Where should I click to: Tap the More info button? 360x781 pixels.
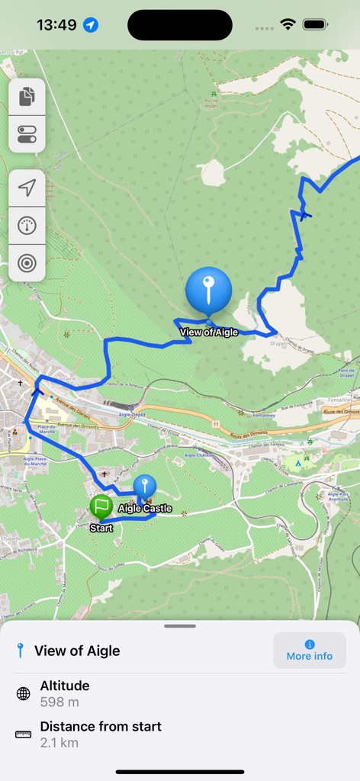309,651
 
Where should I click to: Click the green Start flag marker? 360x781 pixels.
101,506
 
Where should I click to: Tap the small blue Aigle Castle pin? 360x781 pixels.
144,486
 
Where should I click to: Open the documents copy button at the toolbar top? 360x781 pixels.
27,97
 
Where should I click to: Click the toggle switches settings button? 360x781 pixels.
27,134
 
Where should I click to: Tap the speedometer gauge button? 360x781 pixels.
27,226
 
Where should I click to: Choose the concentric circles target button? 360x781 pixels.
27,263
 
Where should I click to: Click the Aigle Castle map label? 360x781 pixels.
145,509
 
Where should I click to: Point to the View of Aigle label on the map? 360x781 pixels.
209,332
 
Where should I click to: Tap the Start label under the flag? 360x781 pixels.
101,528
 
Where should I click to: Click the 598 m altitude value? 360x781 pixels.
59,702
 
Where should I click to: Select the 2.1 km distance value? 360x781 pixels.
59,742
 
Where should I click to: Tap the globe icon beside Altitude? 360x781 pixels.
24,694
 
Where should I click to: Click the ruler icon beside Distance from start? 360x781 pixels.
24,734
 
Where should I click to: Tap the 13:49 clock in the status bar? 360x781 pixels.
56,25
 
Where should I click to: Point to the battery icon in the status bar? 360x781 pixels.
315,25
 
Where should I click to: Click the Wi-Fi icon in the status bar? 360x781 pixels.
288,25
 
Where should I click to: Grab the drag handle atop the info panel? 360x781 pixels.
180,626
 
